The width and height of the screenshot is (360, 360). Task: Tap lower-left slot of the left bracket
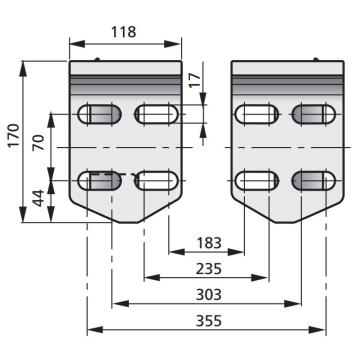click(x=100, y=180)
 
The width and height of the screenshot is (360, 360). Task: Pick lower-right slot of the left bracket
click(x=157, y=180)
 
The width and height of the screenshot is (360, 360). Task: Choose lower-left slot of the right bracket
click(x=256, y=180)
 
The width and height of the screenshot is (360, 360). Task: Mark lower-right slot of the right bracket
click(x=313, y=180)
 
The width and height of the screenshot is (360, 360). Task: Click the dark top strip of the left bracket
click(x=126, y=70)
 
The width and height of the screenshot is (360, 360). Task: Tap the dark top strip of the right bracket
click(x=285, y=70)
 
